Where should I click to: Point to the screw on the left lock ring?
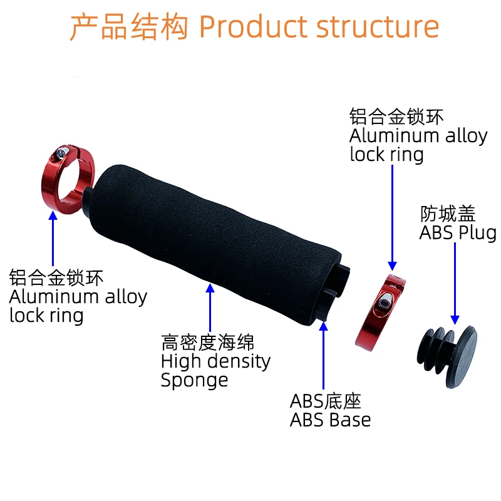pos(60,153)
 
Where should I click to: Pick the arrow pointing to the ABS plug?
pos(455,282)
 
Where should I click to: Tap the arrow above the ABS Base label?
pos(324,354)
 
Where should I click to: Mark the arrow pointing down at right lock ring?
pos(392,216)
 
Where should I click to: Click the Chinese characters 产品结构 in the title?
pos(128,28)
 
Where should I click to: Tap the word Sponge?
pos(194,380)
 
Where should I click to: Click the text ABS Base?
pos(330,420)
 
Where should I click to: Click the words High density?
pos(215,361)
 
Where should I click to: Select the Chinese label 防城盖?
pos(448,214)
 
